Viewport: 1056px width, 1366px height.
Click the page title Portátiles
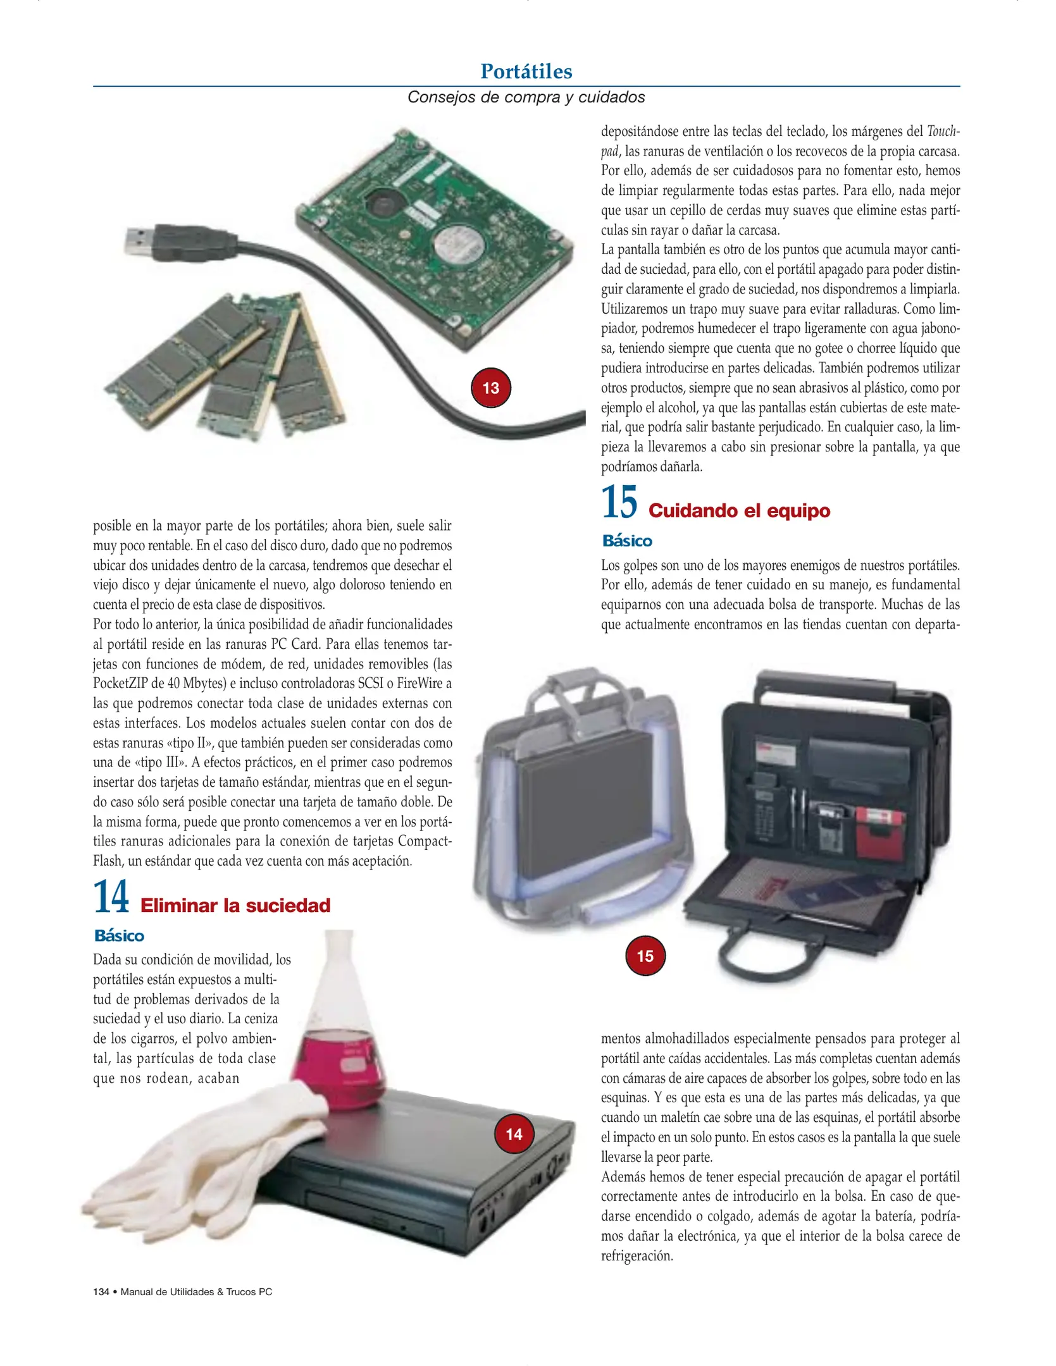(526, 71)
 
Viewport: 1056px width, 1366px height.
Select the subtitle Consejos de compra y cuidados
(526, 97)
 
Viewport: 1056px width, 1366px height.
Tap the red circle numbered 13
(491, 388)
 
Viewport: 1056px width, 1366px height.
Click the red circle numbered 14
(514, 1134)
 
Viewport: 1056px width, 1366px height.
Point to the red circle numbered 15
(645, 956)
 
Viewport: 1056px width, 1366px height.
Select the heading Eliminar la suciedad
(235, 905)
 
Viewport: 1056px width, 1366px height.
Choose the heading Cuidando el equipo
(739, 510)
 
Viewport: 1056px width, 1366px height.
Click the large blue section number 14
(111, 897)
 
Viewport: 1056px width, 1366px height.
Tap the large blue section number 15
(619, 502)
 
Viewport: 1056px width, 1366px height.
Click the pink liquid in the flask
(340, 1070)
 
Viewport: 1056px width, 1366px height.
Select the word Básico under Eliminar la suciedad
(119, 936)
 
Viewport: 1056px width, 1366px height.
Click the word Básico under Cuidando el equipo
(627, 541)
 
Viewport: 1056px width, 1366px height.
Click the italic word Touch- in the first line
(943, 132)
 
